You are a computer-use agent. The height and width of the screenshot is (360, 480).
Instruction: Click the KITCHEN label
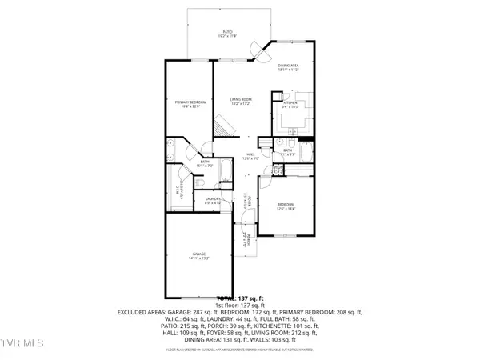click(290, 104)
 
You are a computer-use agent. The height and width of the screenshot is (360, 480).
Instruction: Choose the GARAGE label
click(198, 256)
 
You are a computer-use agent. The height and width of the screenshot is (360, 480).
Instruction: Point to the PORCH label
click(247, 236)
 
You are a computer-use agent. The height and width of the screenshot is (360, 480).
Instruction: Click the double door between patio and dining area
click(258, 50)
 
